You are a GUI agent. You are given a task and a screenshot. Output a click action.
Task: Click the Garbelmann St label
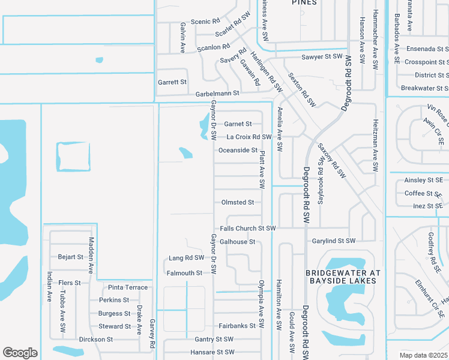(217, 94)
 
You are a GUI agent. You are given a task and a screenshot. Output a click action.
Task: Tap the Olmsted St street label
(238, 203)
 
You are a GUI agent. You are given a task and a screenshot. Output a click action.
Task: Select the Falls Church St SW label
(247, 229)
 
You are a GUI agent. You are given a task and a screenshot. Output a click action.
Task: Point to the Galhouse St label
(238, 242)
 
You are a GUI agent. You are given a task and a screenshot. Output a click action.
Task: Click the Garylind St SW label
(333, 241)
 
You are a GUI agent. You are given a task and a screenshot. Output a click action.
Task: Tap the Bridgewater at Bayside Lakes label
(343, 276)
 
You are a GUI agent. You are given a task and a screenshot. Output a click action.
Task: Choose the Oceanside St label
(238, 151)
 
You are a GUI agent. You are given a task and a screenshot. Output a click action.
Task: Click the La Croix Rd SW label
(249, 137)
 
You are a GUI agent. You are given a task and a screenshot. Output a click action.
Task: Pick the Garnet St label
(238, 124)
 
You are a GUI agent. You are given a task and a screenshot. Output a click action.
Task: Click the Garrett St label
(172, 82)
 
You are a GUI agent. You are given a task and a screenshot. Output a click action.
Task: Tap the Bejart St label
(71, 257)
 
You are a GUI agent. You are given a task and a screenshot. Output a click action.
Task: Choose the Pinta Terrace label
(128, 287)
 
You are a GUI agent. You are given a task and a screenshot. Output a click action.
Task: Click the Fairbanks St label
(234, 326)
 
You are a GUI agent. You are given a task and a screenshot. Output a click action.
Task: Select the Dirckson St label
(97, 340)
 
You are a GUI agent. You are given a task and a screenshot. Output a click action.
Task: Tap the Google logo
(20, 353)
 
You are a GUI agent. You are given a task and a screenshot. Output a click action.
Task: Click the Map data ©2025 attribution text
(423, 355)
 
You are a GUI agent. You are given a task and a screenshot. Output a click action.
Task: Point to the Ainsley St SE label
(423, 180)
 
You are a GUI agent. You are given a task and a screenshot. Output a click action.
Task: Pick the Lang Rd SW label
(182, 258)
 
